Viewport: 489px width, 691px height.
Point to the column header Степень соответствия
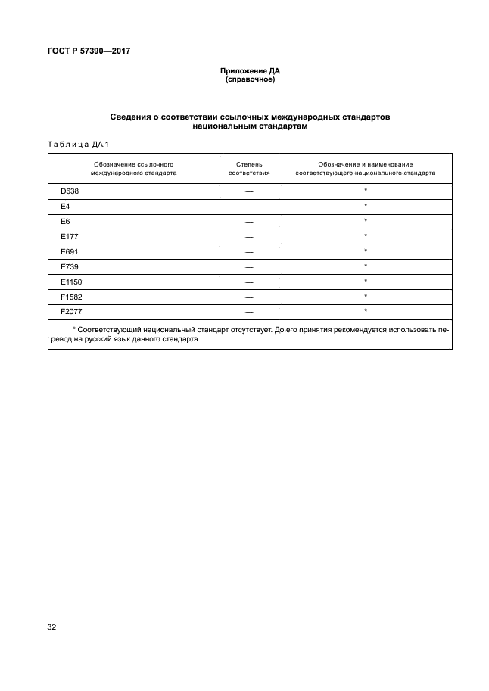(x=249, y=168)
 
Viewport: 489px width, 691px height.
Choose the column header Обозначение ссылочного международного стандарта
(x=134, y=168)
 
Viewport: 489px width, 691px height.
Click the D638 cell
(x=69, y=191)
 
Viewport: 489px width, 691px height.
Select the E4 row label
(x=65, y=206)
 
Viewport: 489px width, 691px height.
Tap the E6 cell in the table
(x=65, y=221)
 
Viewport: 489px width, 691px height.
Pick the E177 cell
(x=68, y=236)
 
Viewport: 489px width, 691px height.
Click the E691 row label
(x=68, y=251)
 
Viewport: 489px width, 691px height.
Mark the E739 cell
(x=68, y=266)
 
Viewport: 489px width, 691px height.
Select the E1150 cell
(x=70, y=281)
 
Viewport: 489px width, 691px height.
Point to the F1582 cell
(x=70, y=296)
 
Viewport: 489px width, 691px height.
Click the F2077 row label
(x=70, y=311)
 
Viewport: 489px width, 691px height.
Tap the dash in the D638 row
(x=249, y=191)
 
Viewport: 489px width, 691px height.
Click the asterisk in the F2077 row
(x=366, y=311)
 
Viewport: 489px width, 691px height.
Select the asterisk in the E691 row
(x=366, y=251)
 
